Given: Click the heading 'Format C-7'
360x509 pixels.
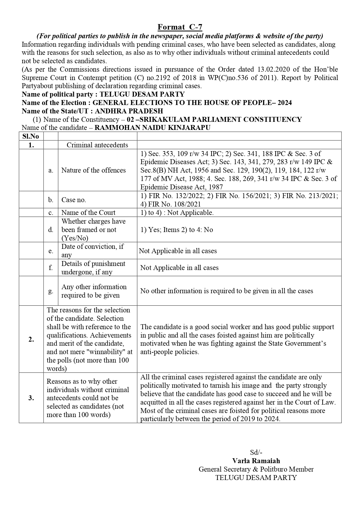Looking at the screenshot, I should pyautogui.click(x=180, y=27).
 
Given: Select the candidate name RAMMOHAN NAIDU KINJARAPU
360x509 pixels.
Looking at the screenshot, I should pyautogui.click(x=152, y=128).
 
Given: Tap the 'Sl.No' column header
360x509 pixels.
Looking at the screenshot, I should pyautogui.click(x=31, y=136).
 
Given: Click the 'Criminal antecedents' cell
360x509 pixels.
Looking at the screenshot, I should pyautogui.click(x=97, y=145).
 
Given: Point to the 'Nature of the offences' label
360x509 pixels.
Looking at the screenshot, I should pyautogui.click(x=93, y=170).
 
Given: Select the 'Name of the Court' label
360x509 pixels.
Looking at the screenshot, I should pyautogui.click(x=88, y=213).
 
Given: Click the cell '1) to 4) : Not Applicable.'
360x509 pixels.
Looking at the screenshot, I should pyautogui.click(x=177, y=213).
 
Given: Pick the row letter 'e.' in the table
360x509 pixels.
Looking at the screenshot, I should pyautogui.click(x=51, y=251).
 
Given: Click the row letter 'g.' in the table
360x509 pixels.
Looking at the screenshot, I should pyautogui.click(x=51, y=291).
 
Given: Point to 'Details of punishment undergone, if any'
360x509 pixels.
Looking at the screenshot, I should pyautogui.click(x=93, y=268).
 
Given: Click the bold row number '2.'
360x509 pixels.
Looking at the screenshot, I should pyautogui.click(x=31, y=339).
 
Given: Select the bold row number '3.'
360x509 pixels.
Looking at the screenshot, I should pyautogui.click(x=31, y=398).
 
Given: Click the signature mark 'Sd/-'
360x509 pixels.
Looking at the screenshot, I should pyautogui.click(x=256, y=452).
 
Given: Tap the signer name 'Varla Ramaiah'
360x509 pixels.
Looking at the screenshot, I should pyautogui.click(x=256, y=461).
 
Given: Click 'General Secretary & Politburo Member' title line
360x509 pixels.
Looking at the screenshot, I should pyautogui.click(x=256, y=469).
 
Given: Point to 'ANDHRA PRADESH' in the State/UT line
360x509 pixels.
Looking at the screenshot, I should pyautogui.click(x=129, y=111).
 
